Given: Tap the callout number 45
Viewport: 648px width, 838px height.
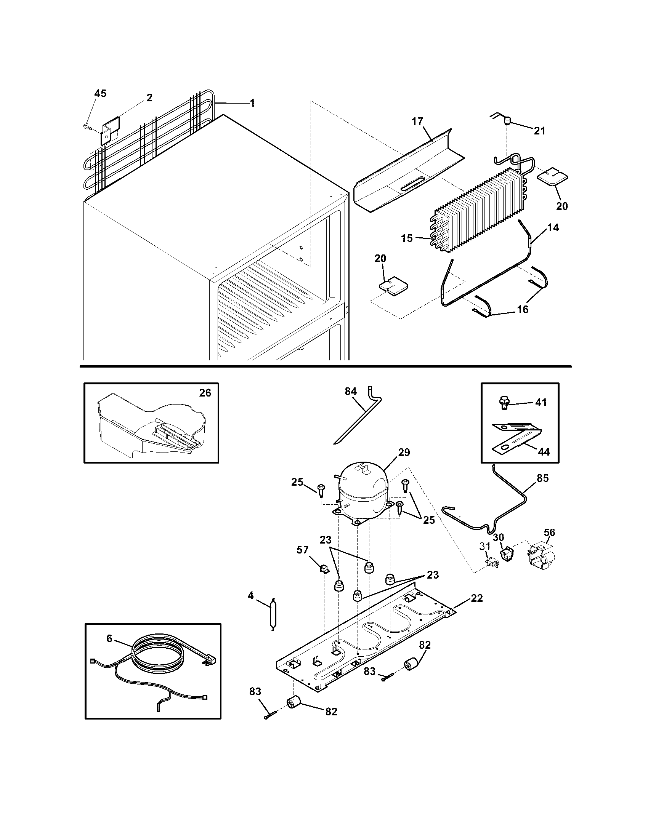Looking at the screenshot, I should tap(100, 94).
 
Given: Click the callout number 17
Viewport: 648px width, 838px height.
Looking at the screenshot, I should tap(417, 121).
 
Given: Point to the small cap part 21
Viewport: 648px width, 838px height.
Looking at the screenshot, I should tap(508, 121).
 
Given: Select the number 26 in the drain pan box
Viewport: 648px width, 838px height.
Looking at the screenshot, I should tap(205, 393).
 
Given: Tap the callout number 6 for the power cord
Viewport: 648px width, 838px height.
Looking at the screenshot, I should tap(109, 638).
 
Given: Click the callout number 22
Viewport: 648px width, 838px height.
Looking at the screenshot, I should tap(476, 598).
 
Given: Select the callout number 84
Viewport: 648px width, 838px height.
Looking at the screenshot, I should tap(350, 391).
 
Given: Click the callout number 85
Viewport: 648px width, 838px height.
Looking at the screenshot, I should tap(543, 478).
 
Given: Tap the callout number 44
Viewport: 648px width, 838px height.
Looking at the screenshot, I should tap(544, 452).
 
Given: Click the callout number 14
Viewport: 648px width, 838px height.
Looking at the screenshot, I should tap(553, 227).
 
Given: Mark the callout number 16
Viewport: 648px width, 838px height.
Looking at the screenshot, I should tap(523, 309).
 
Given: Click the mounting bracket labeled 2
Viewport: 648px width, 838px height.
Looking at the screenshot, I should tap(110, 130).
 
